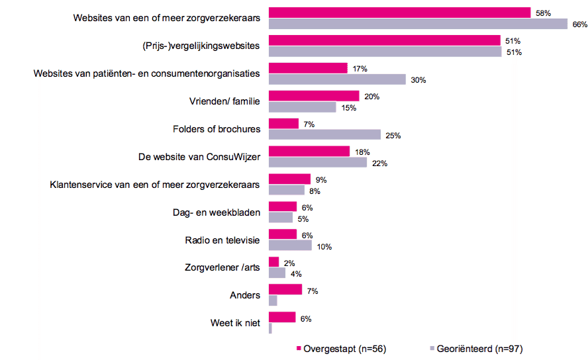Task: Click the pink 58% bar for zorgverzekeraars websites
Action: (399, 13)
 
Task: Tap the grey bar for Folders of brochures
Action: (324, 135)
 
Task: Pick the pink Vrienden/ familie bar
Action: (314, 96)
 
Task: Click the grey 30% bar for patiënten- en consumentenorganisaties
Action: (337, 79)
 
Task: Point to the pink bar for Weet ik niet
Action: (282, 318)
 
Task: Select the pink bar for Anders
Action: (285, 290)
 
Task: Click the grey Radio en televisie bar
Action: (290, 246)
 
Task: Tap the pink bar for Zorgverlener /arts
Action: (273, 262)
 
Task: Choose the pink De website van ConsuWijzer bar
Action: (309, 152)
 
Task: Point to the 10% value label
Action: (324, 247)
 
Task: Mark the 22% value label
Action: (379, 163)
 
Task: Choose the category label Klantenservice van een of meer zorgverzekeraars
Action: (155, 185)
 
